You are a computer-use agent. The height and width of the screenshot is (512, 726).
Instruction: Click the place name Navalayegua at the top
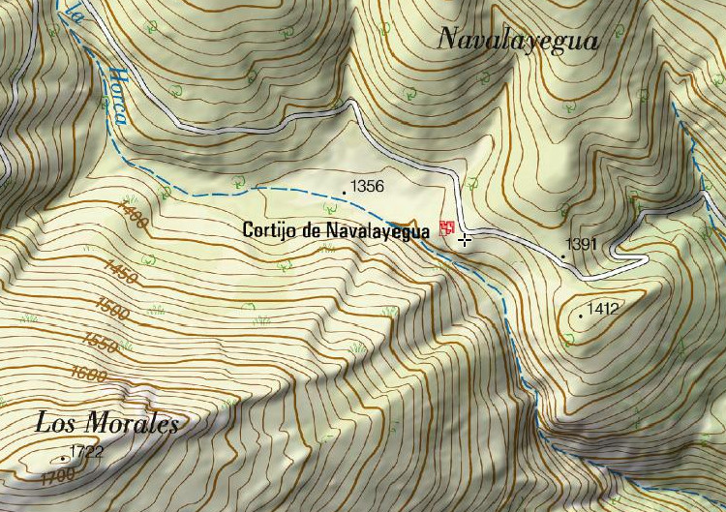point(518,39)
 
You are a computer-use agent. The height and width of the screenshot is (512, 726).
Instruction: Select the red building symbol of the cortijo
point(446,228)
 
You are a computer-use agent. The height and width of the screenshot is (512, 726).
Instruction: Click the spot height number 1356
point(368,186)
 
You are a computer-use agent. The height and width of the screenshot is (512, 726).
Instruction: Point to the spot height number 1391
point(583,244)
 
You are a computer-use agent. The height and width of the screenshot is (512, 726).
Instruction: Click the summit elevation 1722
point(86,451)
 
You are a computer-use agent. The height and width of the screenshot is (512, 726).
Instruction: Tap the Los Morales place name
point(106,423)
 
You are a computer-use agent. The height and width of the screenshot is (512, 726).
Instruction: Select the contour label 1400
point(132,216)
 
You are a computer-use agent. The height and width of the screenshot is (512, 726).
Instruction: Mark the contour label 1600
point(88,374)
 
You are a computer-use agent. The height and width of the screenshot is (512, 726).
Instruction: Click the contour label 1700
point(58,475)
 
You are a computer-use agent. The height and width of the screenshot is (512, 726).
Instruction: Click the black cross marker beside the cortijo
point(466,239)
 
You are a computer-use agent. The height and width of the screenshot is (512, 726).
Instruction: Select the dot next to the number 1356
point(345,193)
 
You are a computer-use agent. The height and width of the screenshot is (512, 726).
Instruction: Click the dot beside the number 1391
point(563,256)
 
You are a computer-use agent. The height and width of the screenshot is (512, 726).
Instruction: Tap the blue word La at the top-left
point(74,14)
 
